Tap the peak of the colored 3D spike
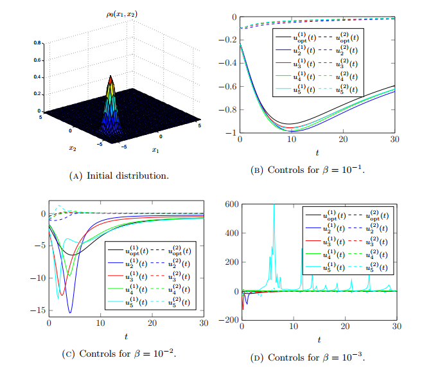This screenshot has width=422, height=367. [x=110, y=76]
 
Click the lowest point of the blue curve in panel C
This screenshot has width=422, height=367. [x=70, y=312]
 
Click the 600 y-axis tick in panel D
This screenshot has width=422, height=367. [x=230, y=204]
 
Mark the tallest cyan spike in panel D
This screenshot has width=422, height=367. [x=274, y=206]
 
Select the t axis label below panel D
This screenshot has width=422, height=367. [x=319, y=339]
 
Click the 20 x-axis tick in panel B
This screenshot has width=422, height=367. [x=344, y=139]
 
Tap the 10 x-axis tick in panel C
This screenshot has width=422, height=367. [x=100, y=322]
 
